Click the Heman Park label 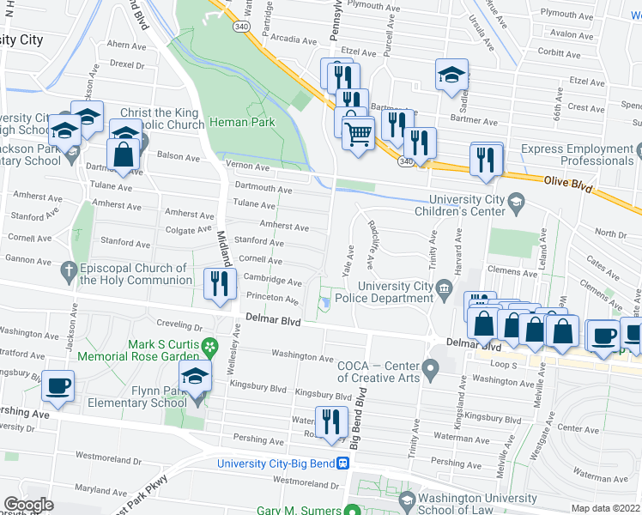pos(245,123)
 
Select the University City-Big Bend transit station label pos(279,463)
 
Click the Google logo pos(28,505)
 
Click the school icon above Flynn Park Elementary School pos(195,376)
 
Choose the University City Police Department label pos(396,292)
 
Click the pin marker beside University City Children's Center pos(516,203)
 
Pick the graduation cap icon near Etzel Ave pos(451,75)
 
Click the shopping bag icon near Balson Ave pos(123,155)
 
